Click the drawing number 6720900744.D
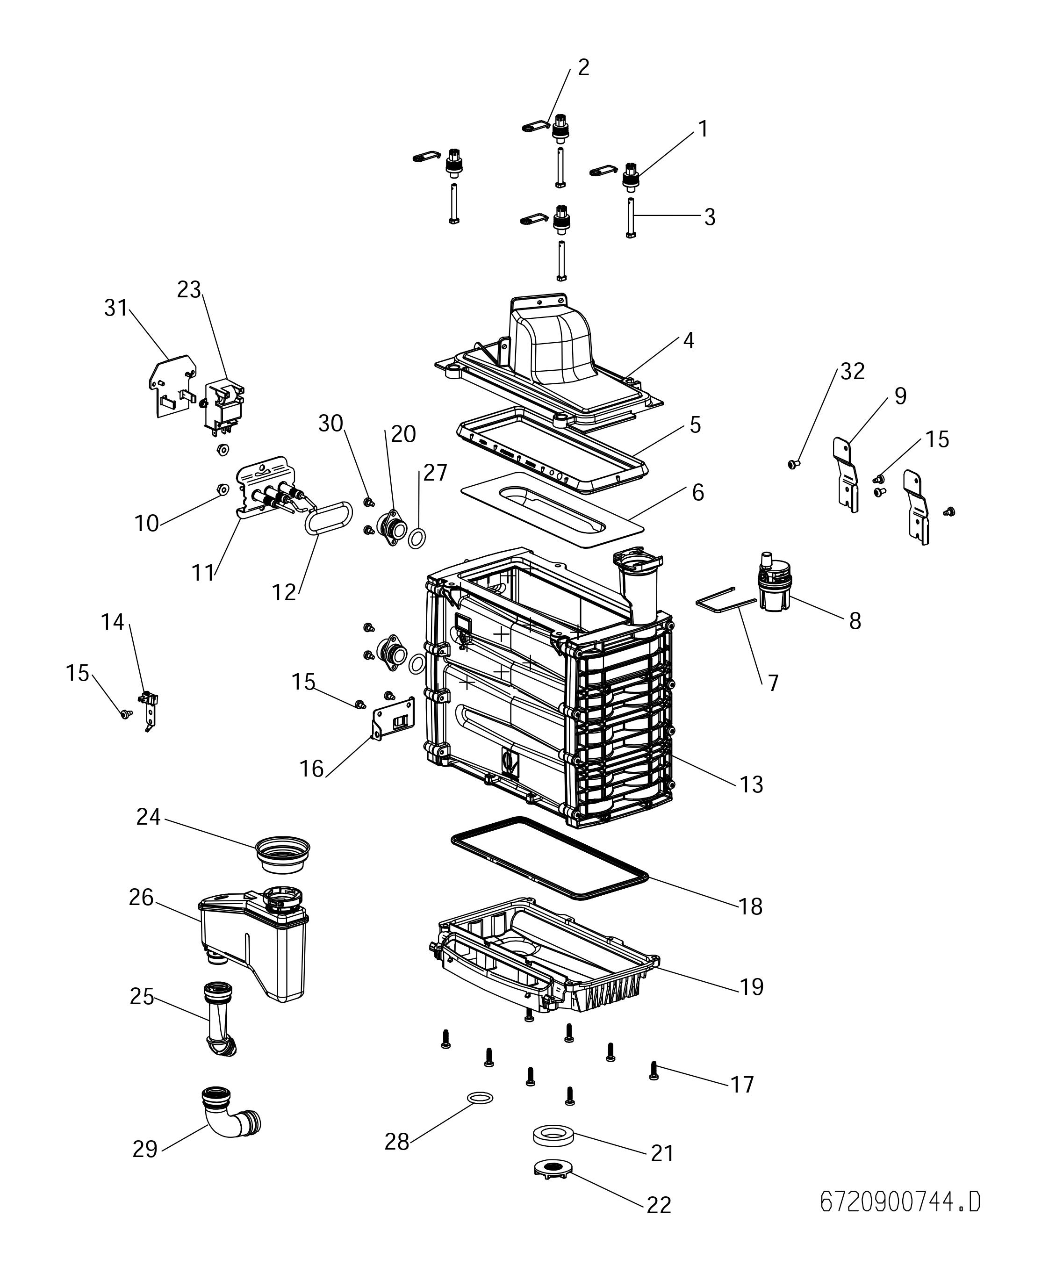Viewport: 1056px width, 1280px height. [900, 1202]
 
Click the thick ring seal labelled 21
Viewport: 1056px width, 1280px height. [552, 1135]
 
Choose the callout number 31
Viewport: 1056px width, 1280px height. [115, 308]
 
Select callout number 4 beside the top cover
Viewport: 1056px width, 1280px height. [688, 341]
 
